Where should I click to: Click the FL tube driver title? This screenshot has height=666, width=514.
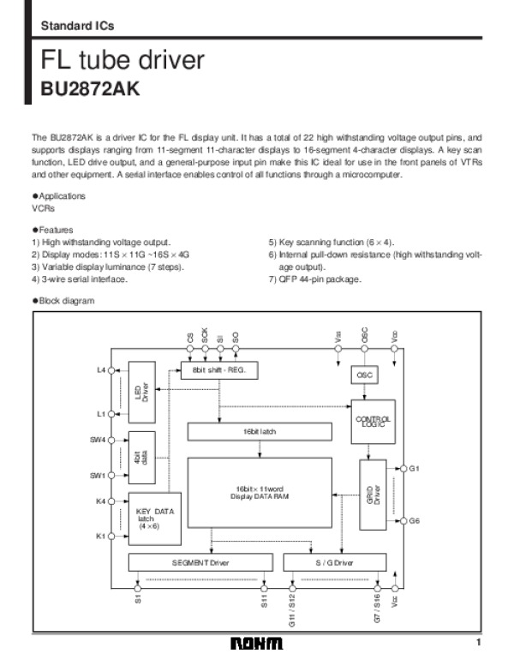[x=123, y=60]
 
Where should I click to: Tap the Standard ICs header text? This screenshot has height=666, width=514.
[x=77, y=26]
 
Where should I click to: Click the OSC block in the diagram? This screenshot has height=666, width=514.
[x=364, y=375]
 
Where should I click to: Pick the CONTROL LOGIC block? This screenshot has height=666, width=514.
[x=372, y=422]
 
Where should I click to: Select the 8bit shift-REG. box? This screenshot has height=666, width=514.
[x=219, y=369]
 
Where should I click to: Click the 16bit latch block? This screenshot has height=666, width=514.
[x=257, y=432]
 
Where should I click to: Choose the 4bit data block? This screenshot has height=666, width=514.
[x=140, y=456]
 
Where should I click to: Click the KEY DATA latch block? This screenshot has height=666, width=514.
[x=154, y=519]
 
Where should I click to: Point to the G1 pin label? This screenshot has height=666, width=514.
[x=415, y=469]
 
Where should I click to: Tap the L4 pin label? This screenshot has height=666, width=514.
[x=101, y=370]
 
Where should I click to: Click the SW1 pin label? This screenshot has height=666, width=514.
[x=97, y=476]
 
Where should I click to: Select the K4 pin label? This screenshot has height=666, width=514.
[x=100, y=501]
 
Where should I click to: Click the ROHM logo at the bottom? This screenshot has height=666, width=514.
[x=256, y=645]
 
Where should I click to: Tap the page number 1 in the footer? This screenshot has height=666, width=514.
[x=480, y=643]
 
